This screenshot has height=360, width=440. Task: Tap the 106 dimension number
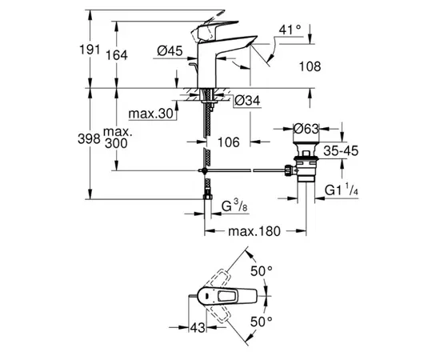pyautogui.click(x=230, y=142)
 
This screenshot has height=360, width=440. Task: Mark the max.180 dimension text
pyautogui.click(x=255, y=232)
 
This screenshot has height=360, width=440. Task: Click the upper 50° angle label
pyautogui.click(x=262, y=271)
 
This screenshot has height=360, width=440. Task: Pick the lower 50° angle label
pyautogui.click(x=262, y=320)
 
